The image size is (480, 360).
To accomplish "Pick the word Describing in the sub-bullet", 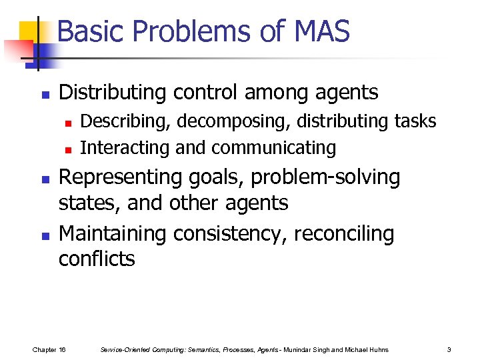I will click(123, 121).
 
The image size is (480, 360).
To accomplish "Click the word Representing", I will click(121, 177).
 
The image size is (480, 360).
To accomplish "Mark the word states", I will click(88, 203).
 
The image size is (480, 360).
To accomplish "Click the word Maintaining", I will click(112, 234).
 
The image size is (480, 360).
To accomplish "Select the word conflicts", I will click(97, 259).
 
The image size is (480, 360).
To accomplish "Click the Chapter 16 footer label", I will click(49, 349).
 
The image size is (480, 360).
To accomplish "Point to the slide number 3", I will click(449, 349).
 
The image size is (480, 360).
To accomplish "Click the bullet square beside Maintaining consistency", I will click(45, 235).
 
